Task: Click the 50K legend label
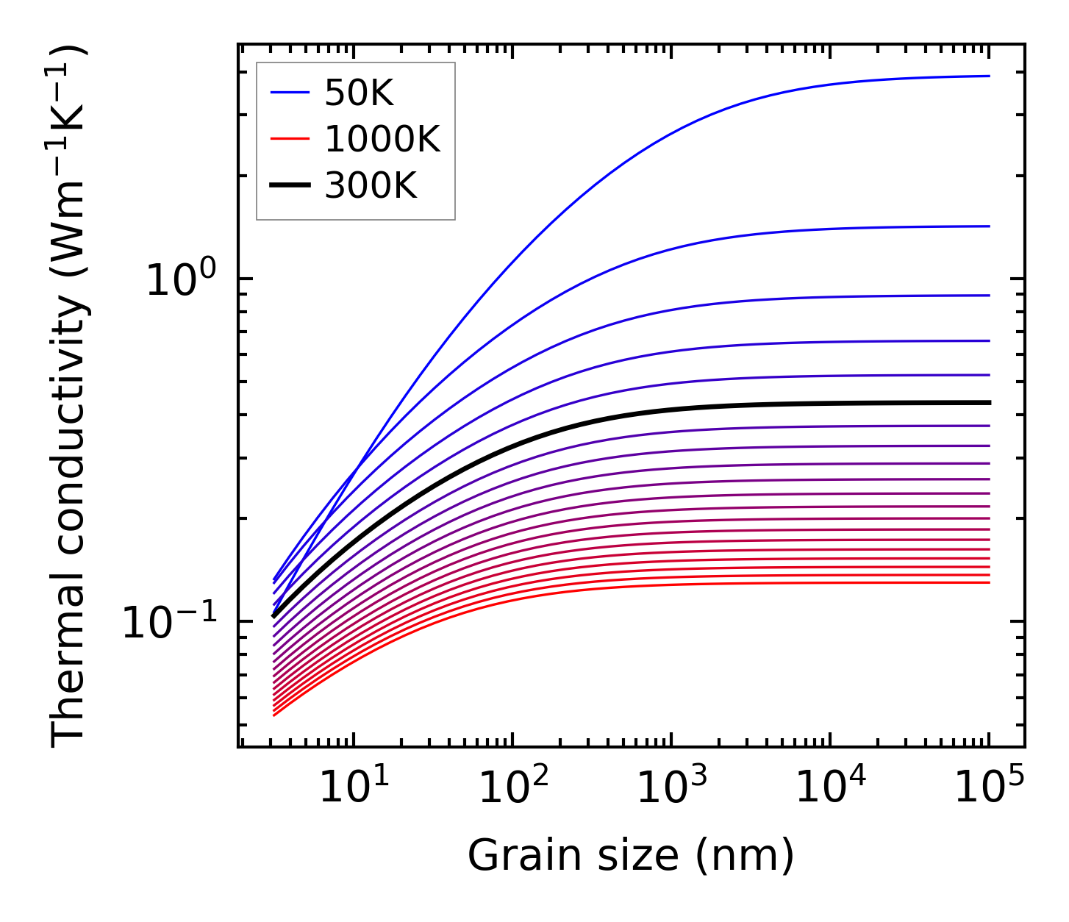tap(360, 93)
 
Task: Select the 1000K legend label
tap(382, 140)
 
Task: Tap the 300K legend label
tap(371, 186)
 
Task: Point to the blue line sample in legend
tap(292, 93)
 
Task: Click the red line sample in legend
tap(292, 139)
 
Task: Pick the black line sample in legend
tap(292, 185)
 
